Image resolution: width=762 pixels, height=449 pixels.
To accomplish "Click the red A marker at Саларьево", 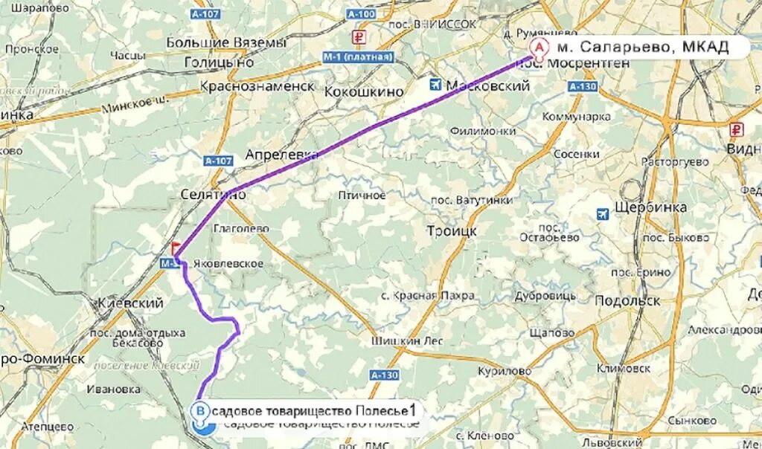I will pyautogui.click(x=537, y=47).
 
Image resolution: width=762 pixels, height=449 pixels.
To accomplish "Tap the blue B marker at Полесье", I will pyautogui.click(x=199, y=410).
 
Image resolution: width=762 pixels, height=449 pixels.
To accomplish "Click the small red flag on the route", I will pyautogui.click(x=176, y=248).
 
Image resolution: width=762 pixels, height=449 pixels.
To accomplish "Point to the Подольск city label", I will pyautogui.click(x=627, y=300).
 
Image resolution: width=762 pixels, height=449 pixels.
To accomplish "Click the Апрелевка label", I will pyautogui.click(x=281, y=155).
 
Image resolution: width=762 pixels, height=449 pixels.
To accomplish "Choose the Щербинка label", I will pyautogui.click(x=651, y=207).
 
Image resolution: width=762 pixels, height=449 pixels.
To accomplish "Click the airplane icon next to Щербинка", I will pyautogui.click(x=603, y=214).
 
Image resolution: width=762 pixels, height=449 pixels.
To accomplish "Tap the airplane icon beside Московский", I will pyautogui.click(x=435, y=85).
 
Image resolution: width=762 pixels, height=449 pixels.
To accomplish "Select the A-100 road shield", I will pyautogui.click(x=362, y=13).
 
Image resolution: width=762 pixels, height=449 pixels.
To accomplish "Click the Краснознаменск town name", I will pyautogui.click(x=257, y=85).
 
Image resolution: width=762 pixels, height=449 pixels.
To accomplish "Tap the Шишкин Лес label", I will pyautogui.click(x=407, y=341).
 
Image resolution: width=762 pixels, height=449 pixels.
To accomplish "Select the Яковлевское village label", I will pyautogui.click(x=228, y=263).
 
